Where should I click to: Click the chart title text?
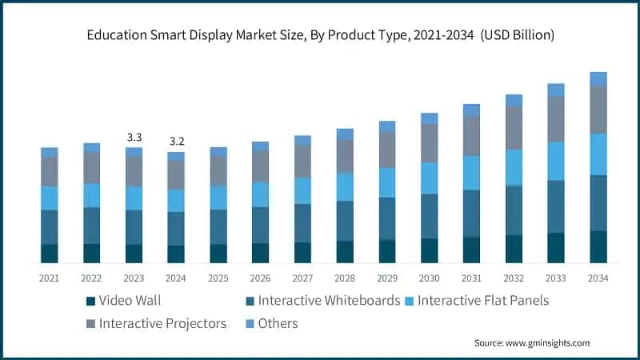pos(320,36)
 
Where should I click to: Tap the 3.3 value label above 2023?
pos(134,138)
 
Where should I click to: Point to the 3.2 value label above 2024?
pos(176,142)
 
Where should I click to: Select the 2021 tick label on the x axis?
pos(50,278)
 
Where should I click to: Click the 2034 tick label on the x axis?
pos(598,278)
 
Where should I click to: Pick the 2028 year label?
pos(345,278)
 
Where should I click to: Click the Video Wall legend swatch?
pos(90,302)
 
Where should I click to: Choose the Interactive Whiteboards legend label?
pos(328,301)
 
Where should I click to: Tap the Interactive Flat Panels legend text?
pos(483,301)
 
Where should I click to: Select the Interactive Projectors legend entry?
pos(162,323)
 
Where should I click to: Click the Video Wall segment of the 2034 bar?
pos(598,246)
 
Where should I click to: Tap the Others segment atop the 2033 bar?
pos(556,90)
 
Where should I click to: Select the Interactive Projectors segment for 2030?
pos(430,143)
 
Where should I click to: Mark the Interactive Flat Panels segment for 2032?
pos(514,167)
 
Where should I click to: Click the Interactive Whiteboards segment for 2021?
pos(50,227)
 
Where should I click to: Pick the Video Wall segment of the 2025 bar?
pos(218,253)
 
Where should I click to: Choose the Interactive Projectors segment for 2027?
pos(302,161)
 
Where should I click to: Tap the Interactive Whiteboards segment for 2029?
pos(387,218)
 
